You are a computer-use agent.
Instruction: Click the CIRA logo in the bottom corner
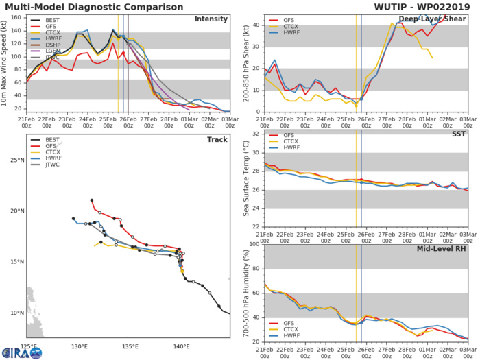click(x=21, y=351)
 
